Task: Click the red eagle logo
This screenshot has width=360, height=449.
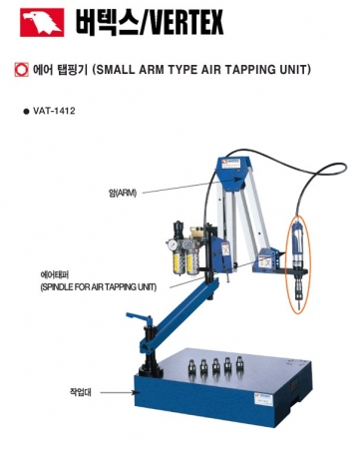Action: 42,22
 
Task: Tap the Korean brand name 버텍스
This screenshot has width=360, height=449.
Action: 106,22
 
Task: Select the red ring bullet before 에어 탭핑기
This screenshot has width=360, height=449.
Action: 22,70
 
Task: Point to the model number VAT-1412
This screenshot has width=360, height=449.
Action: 54,111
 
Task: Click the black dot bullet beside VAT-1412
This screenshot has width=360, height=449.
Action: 26,112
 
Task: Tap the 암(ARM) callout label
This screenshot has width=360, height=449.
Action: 123,193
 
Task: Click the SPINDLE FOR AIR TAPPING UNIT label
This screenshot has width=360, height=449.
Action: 99,286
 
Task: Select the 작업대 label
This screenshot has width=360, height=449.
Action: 81,392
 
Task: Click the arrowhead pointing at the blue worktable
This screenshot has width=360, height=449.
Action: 136,393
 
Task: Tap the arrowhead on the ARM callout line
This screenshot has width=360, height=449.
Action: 237,179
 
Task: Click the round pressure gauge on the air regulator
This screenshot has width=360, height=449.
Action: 173,245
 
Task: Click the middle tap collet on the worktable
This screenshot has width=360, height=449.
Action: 215,366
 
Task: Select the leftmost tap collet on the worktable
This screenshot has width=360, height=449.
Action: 191,367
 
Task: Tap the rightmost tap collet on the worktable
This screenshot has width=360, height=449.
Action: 239,363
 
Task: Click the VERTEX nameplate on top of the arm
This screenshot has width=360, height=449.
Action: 235,164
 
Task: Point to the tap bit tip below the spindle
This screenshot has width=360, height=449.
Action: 299,306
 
